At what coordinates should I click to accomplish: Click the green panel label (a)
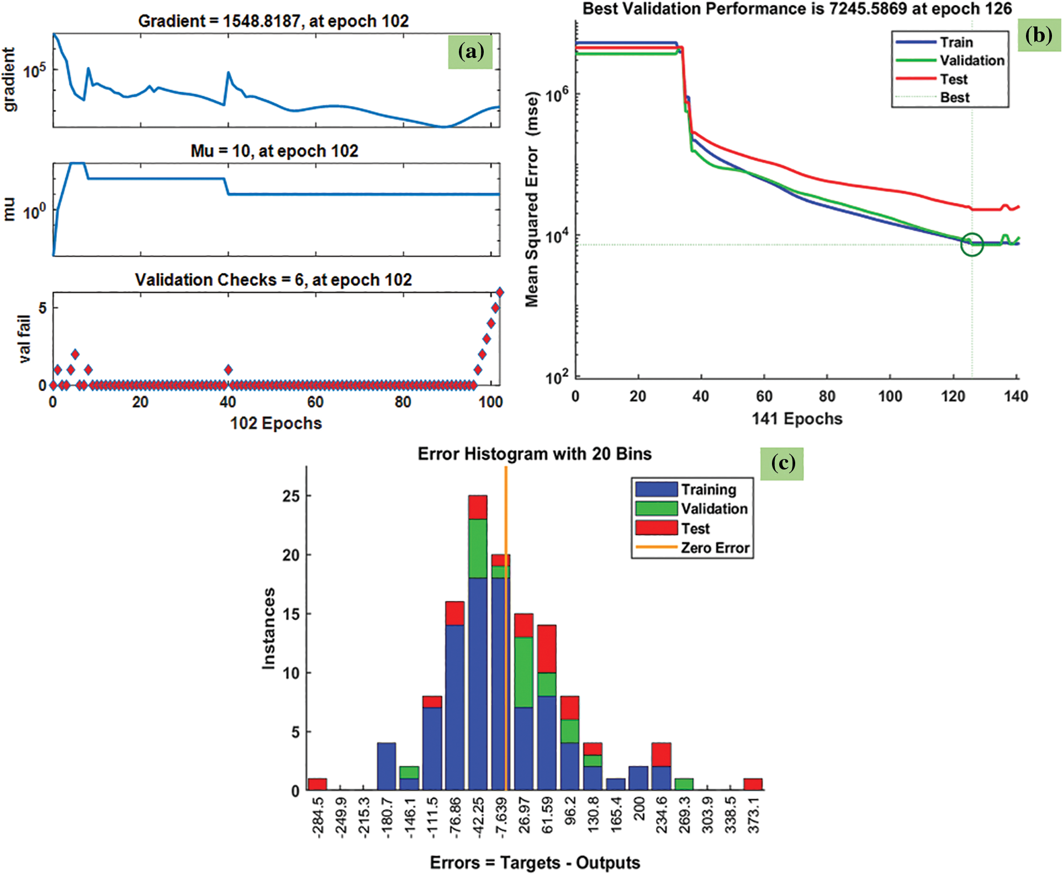click(470, 51)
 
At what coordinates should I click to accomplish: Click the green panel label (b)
click(1038, 35)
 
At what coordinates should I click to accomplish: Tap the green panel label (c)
click(782, 463)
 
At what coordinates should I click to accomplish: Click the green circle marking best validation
click(972, 244)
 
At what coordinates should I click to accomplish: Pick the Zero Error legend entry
click(715, 547)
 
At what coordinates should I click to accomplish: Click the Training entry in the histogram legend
click(708, 489)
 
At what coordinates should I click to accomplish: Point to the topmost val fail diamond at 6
click(500, 292)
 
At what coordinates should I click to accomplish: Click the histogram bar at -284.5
click(318, 784)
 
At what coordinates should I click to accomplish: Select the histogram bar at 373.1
click(753, 784)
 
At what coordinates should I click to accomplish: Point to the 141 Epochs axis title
click(797, 419)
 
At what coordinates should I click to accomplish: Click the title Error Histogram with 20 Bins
click(534, 454)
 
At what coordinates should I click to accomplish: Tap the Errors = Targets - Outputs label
click(535, 862)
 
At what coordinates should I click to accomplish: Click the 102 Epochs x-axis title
click(276, 423)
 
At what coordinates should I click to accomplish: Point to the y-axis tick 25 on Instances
click(290, 496)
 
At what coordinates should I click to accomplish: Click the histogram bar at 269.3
click(684, 784)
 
